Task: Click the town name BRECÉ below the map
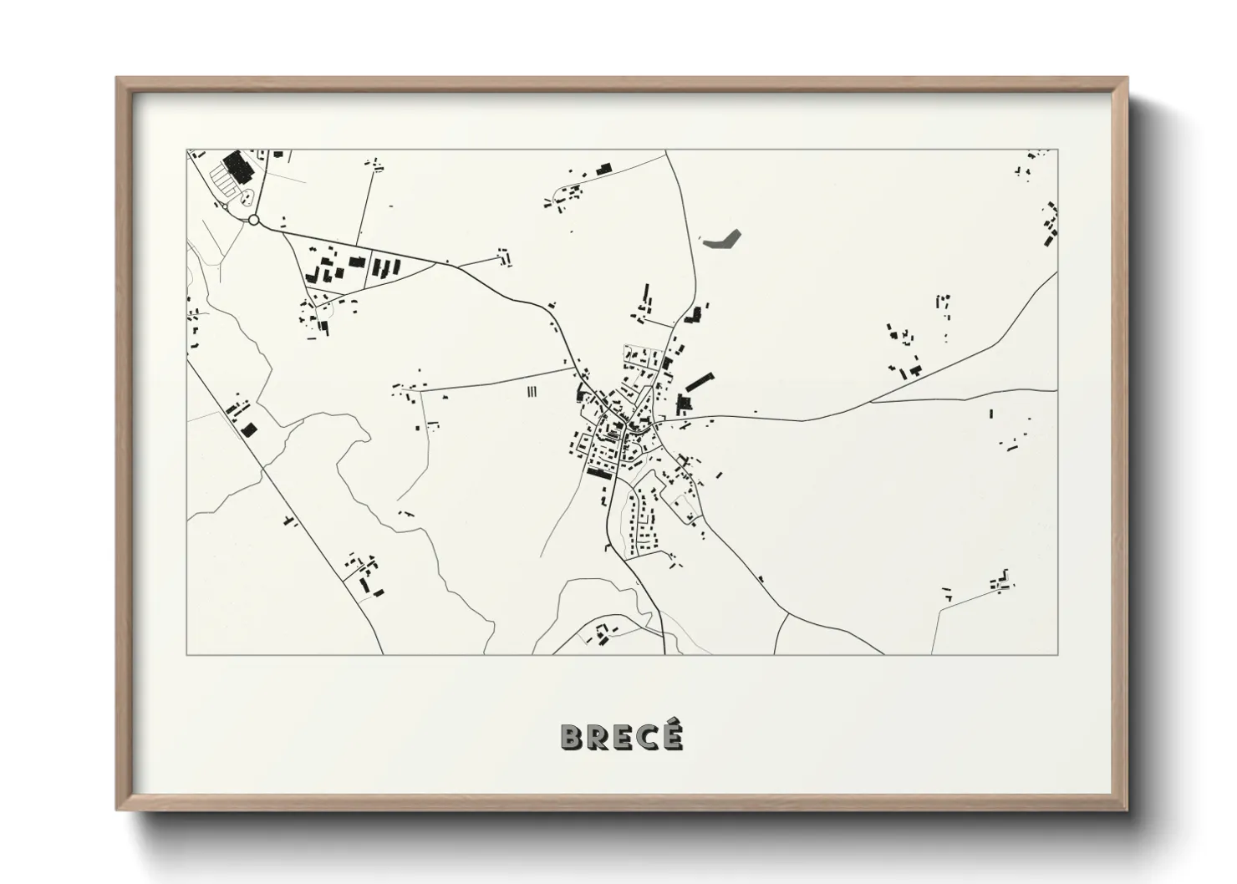pyautogui.click(x=621, y=736)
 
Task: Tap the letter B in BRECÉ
pyautogui.click(x=572, y=737)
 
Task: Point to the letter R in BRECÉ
pyautogui.click(x=597, y=737)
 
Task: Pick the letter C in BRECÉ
pyautogui.click(x=647, y=737)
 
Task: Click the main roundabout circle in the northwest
pyautogui.click(x=254, y=220)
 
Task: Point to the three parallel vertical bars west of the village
pyautogui.click(x=532, y=390)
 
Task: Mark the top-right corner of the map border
pyautogui.click(x=1058, y=150)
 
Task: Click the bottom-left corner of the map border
pyautogui.click(x=186, y=654)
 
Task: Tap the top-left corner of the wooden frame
pyautogui.click(x=117, y=79)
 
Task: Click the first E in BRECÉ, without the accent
pyautogui.click(x=622, y=737)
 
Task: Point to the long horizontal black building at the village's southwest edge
pyautogui.click(x=599, y=473)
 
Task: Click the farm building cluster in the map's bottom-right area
pyautogui.click(x=1001, y=582)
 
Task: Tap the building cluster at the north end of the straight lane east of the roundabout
pyautogui.click(x=376, y=164)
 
